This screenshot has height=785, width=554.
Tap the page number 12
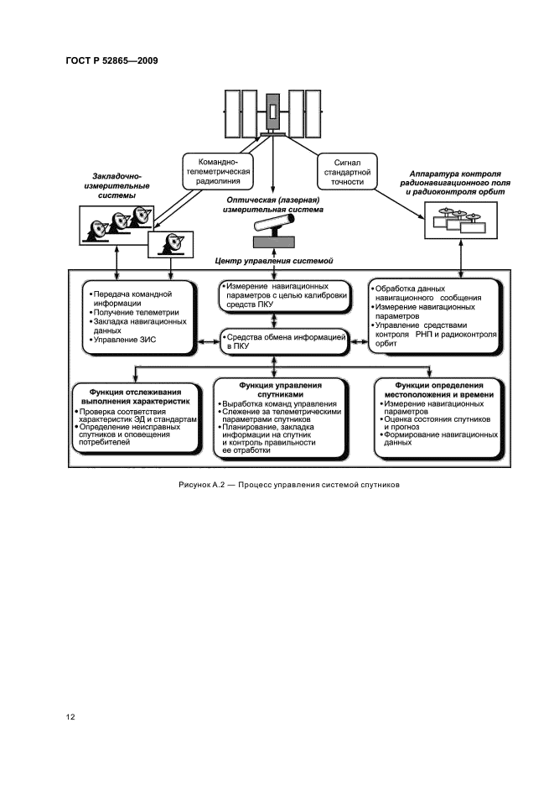click(x=71, y=717)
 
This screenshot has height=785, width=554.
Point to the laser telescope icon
click(x=275, y=227)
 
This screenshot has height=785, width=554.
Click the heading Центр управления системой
click(x=275, y=262)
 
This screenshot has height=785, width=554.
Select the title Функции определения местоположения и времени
click(x=438, y=389)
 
